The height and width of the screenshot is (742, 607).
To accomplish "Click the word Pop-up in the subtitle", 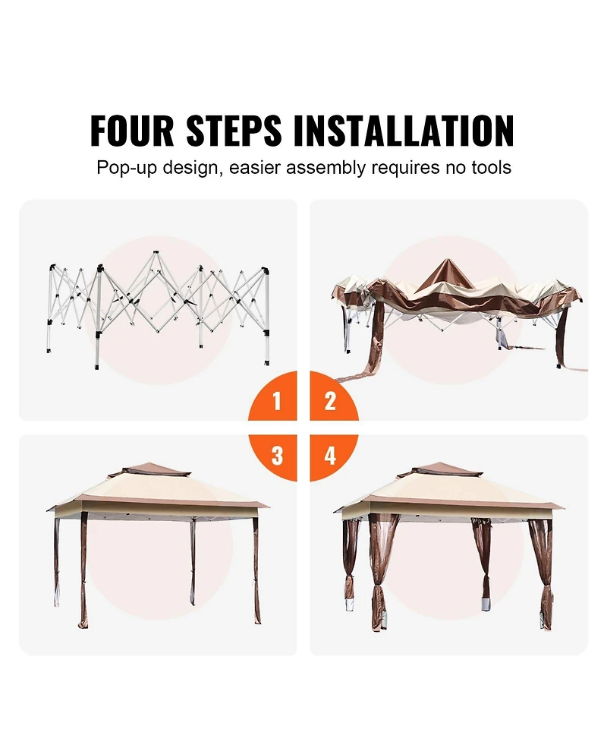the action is (x=126, y=169).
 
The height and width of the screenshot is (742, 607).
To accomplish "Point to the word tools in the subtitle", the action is (x=491, y=168).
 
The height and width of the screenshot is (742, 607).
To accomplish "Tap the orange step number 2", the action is (x=330, y=401).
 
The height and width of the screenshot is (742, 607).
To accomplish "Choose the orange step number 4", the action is (x=330, y=455).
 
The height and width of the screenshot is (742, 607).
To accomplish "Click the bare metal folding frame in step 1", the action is (x=159, y=308).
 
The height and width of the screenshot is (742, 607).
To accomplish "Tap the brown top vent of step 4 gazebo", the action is (x=440, y=469).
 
